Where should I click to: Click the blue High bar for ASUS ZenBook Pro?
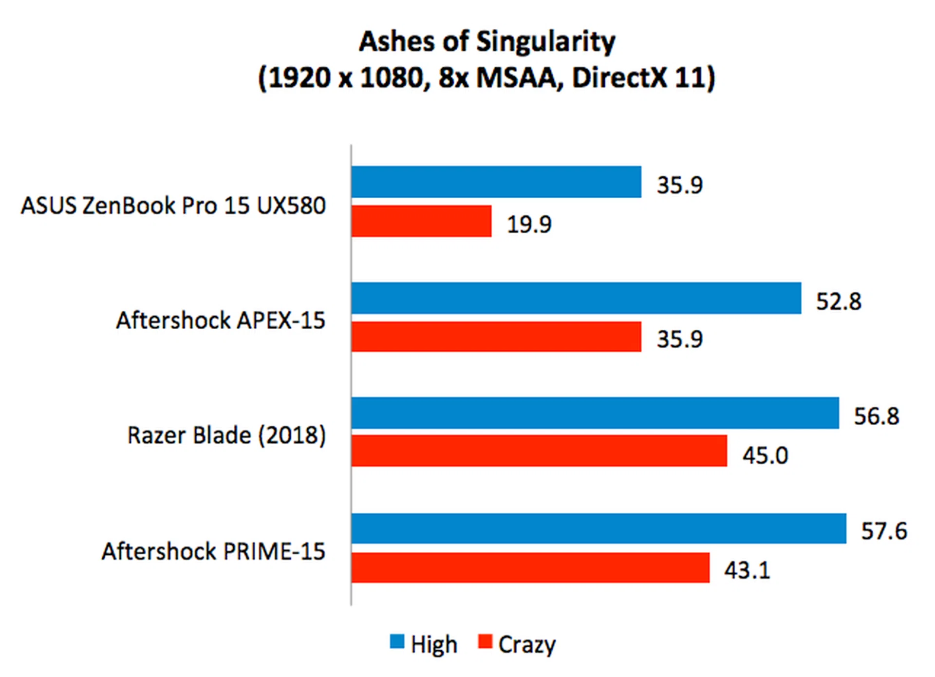click(x=496, y=182)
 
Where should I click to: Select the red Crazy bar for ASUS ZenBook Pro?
click(x=421, y=221)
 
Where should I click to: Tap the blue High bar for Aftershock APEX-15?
click(x=576, y=298)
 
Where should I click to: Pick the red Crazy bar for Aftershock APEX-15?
click(x=496, y=337)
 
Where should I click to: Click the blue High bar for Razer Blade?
click(x=595, y=413)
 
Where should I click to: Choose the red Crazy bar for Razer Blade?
click(x=539, y=451)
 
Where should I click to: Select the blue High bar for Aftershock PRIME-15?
click(x=598, y=528)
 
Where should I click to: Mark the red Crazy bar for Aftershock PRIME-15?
click(x=530, y=567)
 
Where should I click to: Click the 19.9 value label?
click(x=529, y=225)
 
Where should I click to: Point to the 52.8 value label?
click(x=839, y=301)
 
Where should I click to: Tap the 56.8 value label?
click(x=876, y=416)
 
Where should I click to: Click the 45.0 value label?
click(x=765, y=455)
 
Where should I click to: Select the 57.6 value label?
click(x=884, y=531)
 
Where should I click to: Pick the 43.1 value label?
click(x=747, y=570)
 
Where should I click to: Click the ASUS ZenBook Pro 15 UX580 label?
click(x=173, y=206)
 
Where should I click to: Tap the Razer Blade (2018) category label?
click(x=226, y=435)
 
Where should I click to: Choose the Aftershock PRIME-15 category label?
click(x=213, y=551)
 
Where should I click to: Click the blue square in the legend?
click(x=397, y=641)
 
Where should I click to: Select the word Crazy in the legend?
click(x=526, y=645)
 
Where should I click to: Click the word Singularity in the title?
click(x=545, y=42)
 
